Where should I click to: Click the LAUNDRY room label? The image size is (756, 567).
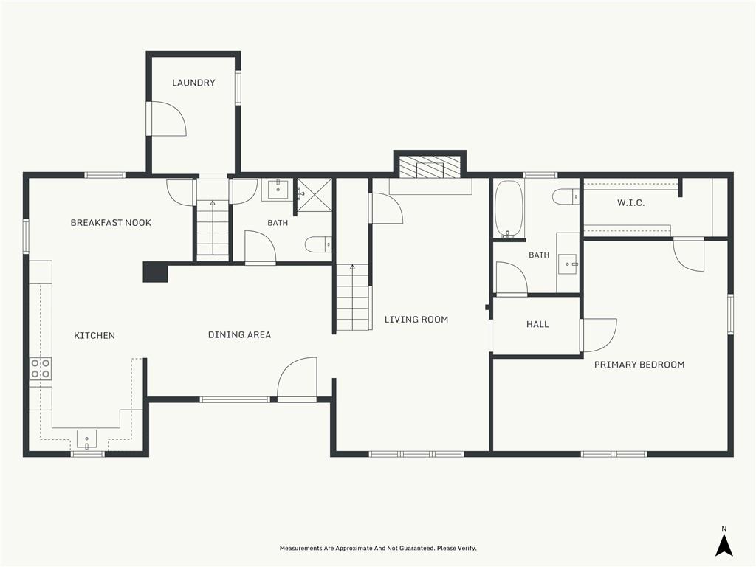pos(193,83)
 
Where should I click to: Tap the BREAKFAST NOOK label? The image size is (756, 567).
pos(111,222)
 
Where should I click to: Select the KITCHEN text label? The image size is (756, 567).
pos(94,335)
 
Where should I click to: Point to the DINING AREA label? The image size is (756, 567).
pos(239,334)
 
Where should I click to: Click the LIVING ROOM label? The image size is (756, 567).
pos(416,319)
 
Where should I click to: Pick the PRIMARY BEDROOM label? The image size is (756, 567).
pos(639,365)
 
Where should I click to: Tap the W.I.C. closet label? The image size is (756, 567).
pos(630,202)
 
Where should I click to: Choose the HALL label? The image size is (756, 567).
pos(537,324)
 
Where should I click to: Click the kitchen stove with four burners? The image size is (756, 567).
pos(41,369)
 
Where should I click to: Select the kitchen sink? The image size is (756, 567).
pos(87,439)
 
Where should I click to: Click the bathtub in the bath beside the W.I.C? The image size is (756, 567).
pos(509,209)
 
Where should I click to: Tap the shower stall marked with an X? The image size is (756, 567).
pos(315,195)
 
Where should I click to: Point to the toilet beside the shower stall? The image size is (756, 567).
pos(319,244)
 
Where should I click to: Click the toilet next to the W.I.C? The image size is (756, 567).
pos(566,196)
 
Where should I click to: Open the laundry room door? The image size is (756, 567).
pos(167,119)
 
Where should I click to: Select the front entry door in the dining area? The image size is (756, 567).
pos(297,379)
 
